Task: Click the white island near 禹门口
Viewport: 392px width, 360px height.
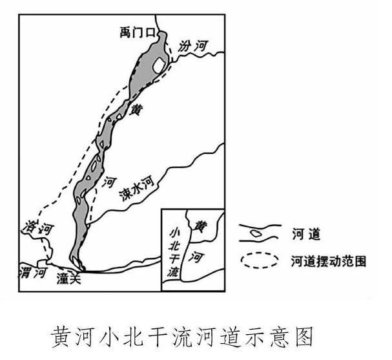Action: click(x=158, y=64)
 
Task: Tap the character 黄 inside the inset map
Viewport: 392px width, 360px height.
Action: click(x=202, y=226)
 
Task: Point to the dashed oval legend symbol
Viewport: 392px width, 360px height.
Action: click(x=258, y=262)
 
